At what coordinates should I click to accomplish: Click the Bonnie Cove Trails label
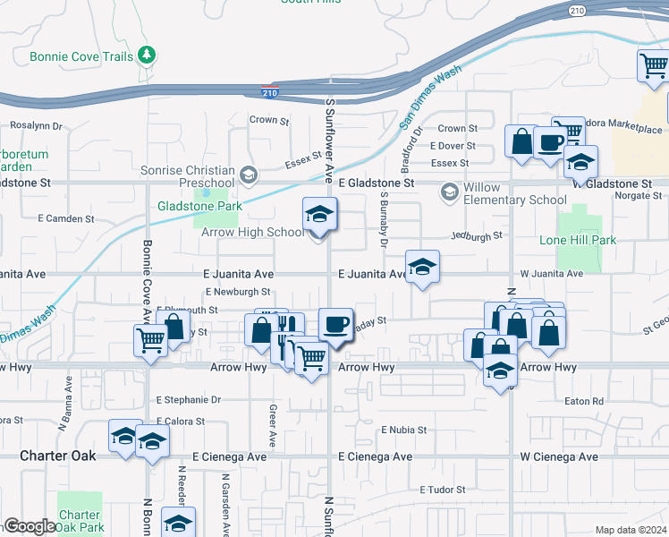pyautogui.click(x=80, y=55)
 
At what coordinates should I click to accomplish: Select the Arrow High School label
pyautogui.click(x=254, y=233)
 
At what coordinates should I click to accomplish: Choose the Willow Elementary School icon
pyautogui.click(x=448, y=192)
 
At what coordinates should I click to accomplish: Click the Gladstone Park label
pyautogui.click(x=188, y=206)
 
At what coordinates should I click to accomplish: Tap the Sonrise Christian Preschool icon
pyautogui.click(x=249, y=173)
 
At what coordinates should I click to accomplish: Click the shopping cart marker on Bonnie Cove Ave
pyautogui.click(x=150, y=340)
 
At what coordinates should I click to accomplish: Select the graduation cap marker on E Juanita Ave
pyautogui.click(x=422, y=267)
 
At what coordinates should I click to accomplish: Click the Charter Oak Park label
pyautogui.click(x=80, y=521)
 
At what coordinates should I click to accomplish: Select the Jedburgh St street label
pyautogui.click(x=478, y=235)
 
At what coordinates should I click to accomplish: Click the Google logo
pyautogui.click(x=29, y=526)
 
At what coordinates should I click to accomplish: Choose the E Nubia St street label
pyautogui.click(x=403, y=430)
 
